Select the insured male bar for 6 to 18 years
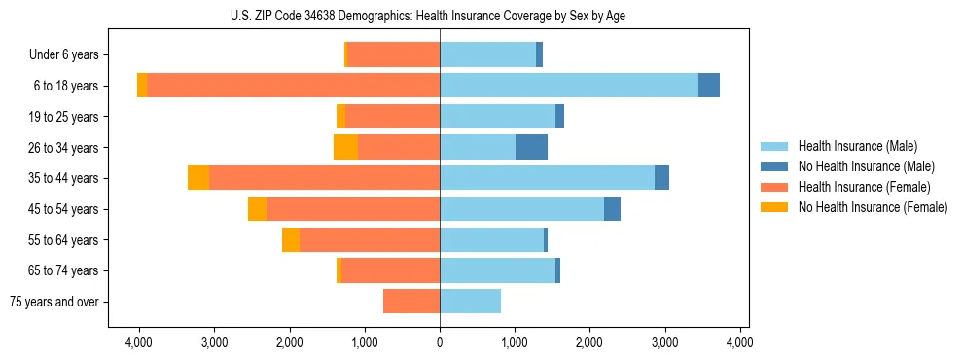tap(569, 86)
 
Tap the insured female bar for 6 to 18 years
tap(293, 86)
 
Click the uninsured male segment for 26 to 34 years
tap(531, 147)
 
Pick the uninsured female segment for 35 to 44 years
tap(198, 178)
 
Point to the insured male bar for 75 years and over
tap(470, 302)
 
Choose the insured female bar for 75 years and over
tap(411, 302)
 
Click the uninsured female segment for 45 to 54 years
tap(257, 209)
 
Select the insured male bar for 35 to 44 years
tap(547, 178)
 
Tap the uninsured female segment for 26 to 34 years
tap(345, 147)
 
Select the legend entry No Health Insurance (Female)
tap(872, 207)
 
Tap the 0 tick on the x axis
tap(440, 342)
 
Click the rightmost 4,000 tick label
tap(740, 342)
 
